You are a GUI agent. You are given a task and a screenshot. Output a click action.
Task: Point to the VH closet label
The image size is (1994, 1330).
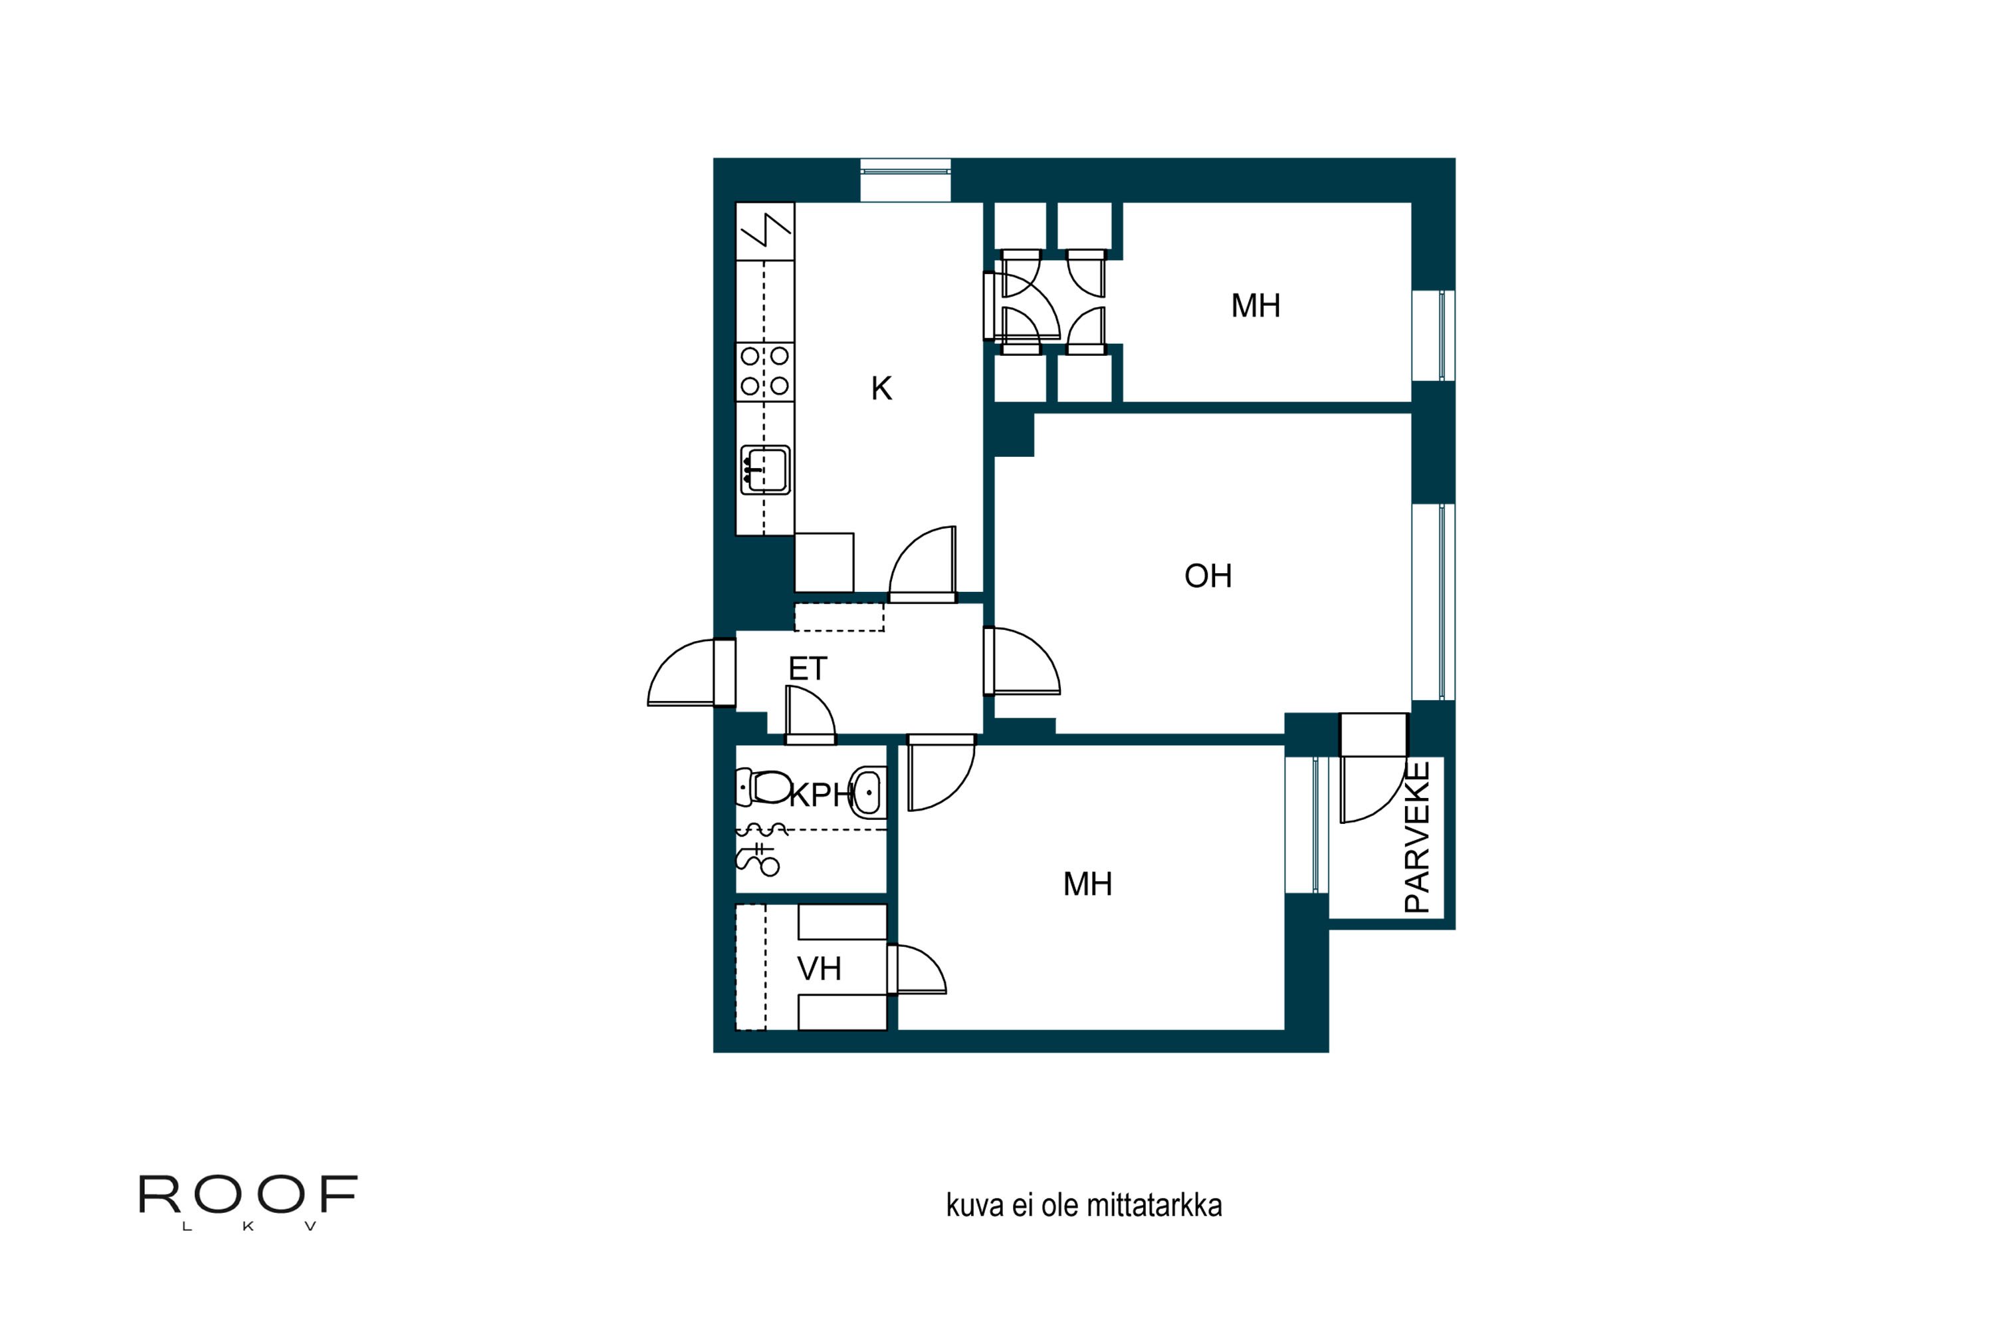pyautogui.click(x=819, y=969)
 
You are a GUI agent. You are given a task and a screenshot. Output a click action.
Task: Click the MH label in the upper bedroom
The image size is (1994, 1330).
pyautogui.click(x=1256, y=305)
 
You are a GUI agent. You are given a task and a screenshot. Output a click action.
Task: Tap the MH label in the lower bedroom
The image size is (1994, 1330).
pyautogui.click(x=1087, y=884)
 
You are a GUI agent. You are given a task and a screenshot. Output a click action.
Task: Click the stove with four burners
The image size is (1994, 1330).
pyautogui.click(x=765, y=370)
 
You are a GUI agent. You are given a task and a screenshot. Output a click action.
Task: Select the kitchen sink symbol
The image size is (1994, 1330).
pyautogui.click(x=766, y=469)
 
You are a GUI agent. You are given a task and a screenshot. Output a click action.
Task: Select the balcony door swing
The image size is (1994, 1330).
pyautogui.click(x=1367, y=791)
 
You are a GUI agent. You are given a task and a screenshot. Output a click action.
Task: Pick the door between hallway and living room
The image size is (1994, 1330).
pyautogui.click(x=1024, y=662)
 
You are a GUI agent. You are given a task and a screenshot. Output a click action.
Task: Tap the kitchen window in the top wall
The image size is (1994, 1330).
pyautogui.click(x=905, y=179)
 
